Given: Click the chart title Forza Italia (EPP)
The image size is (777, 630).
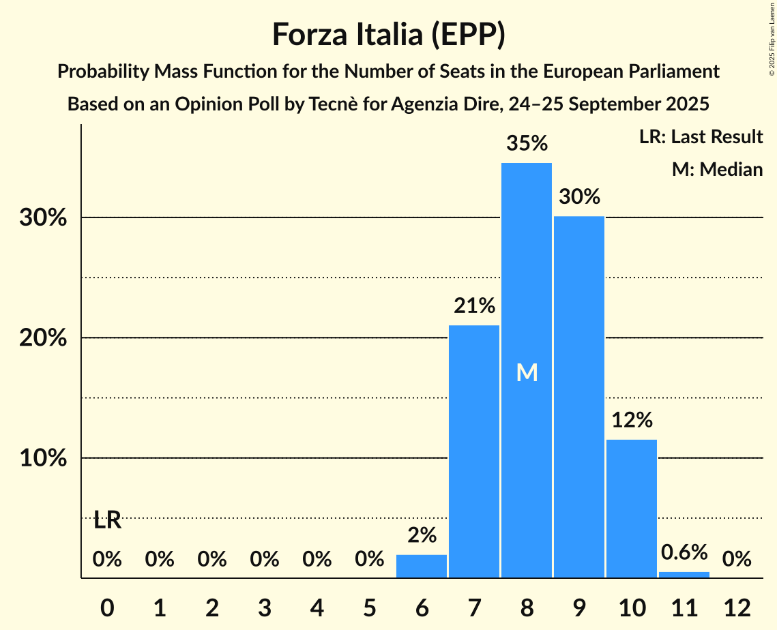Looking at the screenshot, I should click(x=388, y=34).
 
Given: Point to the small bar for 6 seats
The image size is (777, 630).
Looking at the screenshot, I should click(x=422, y=567).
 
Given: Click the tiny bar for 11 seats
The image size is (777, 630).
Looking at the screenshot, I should click(x=684, y=575).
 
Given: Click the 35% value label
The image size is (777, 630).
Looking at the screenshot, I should click(x=527, y=144).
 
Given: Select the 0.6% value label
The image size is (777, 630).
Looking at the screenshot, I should click(x=684, y=552).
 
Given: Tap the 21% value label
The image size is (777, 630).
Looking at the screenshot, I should click(x=474, y=306).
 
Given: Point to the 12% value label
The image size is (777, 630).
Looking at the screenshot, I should click(x=632, y=421).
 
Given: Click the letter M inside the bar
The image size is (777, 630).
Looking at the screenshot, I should click(x=527, y=372).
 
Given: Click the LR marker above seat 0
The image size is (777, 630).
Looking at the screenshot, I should click(x=107, y=521).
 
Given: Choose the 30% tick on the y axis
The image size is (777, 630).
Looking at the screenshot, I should click(x=42, y=218).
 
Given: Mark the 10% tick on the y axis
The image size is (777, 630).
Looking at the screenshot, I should click(x=42, y=458).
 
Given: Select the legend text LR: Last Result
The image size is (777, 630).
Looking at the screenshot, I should click(x=701, y=137).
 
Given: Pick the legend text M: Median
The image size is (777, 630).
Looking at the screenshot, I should click(x=717, y=169).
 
